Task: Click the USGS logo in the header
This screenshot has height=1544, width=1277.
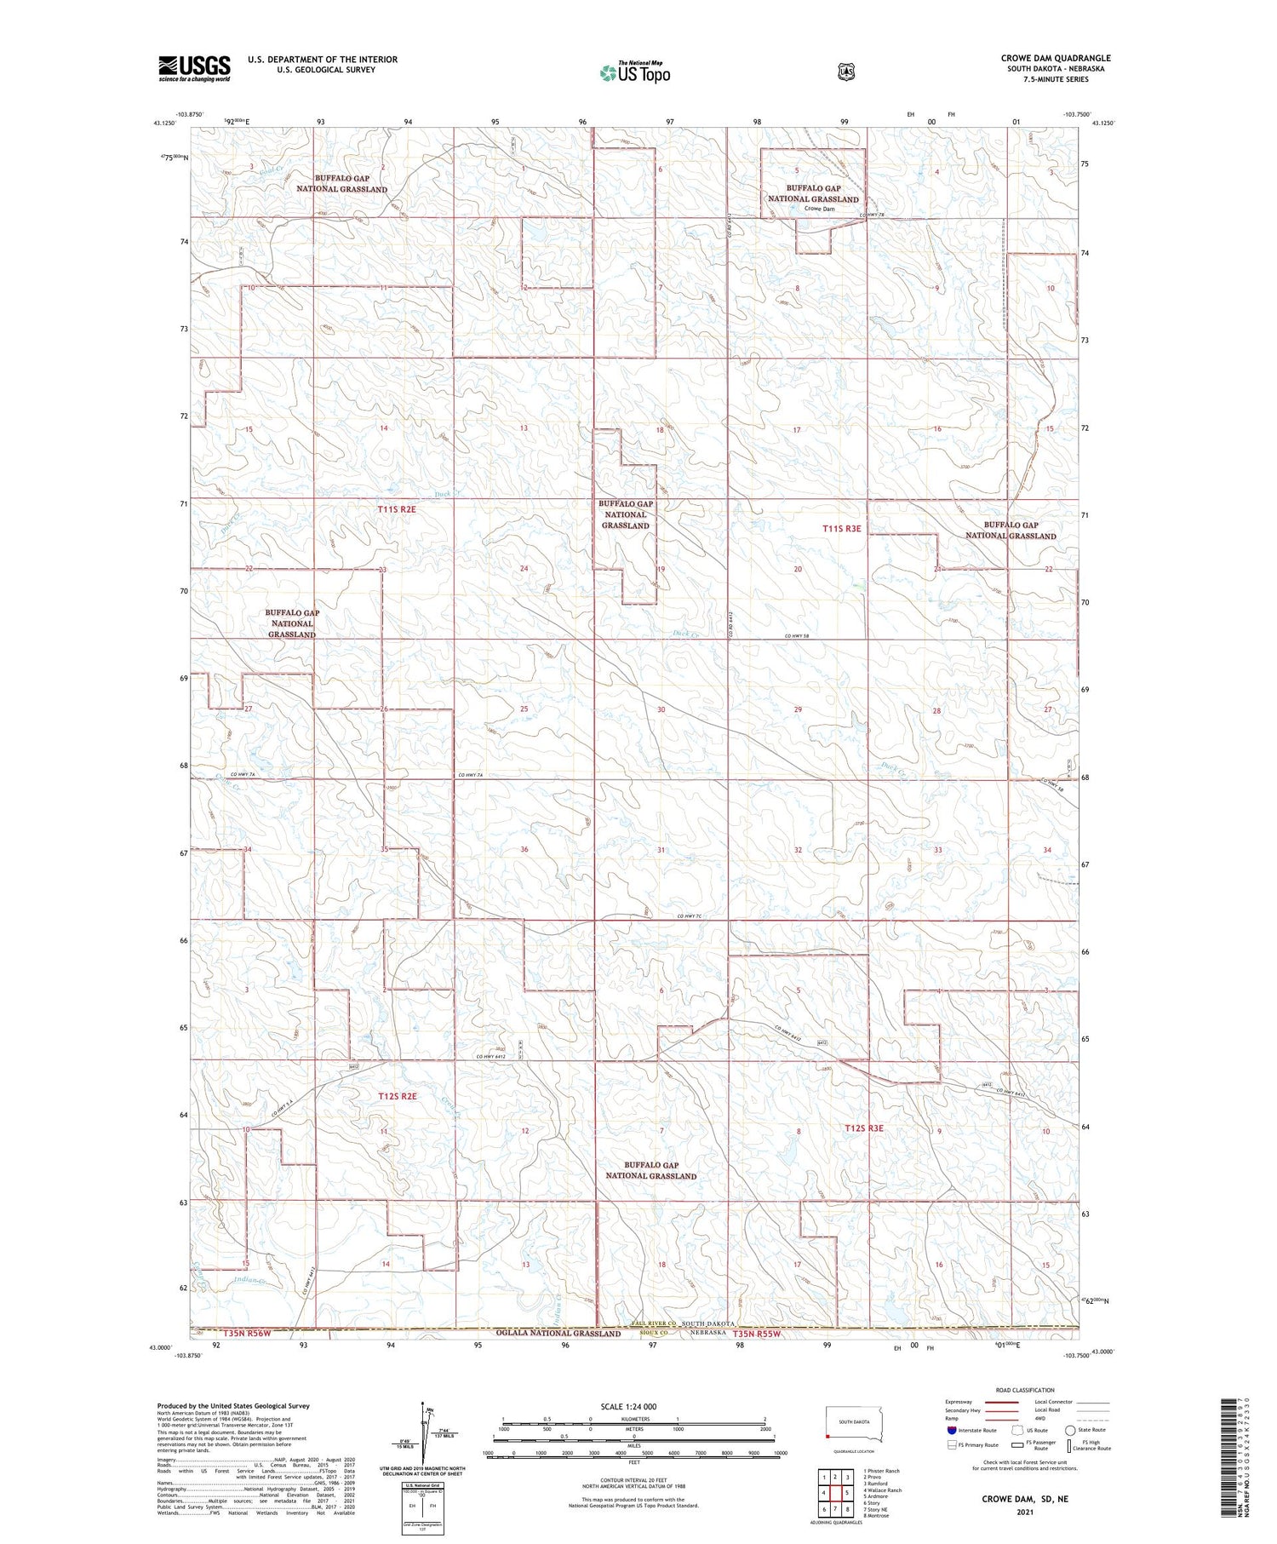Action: pyautogui.click(x=194, y=68)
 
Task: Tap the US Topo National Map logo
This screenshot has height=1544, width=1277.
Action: pyautogui.click(x=634, y=72)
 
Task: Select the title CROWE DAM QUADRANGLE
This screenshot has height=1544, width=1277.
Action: pyautogui.click(x=1056, y=58)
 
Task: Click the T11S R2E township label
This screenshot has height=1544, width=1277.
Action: pyautogui.click(x=398, y=509)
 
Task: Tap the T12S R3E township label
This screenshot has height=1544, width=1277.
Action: pyautogui.click(x=864, y=1128)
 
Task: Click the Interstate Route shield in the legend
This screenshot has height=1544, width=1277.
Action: pyautogui.click(x=951, y=1430)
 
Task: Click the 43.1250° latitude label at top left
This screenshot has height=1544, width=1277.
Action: pyautogui.click(x=164, y=123)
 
